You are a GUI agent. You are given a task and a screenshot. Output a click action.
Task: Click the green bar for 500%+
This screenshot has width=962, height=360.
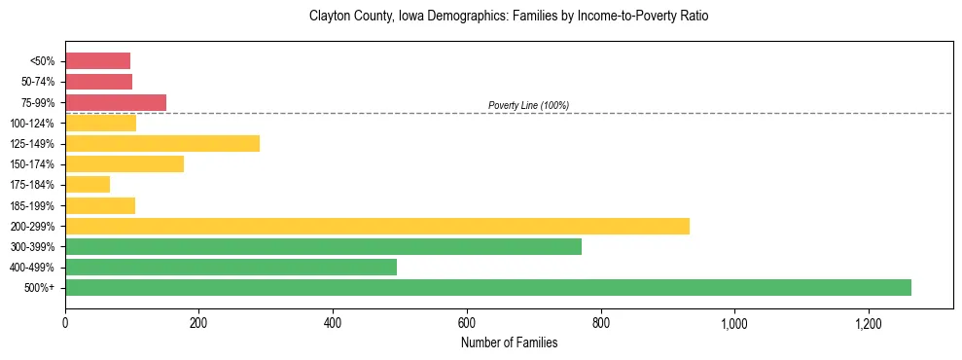[x=487, y=287]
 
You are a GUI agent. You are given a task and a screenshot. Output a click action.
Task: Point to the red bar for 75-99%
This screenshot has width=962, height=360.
[x=116, y=102]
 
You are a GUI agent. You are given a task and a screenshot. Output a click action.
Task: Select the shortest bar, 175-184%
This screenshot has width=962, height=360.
[x=88, y=184]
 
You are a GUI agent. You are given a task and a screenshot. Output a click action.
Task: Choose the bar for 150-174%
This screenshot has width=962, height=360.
[x=125, y=163]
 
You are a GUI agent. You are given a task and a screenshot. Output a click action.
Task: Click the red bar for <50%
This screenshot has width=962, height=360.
[x=97, y=61]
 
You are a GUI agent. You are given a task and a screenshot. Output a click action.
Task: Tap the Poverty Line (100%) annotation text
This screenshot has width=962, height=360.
[x=528, y=105]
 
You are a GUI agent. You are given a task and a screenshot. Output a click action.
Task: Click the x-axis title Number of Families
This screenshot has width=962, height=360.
[x=509, y=342]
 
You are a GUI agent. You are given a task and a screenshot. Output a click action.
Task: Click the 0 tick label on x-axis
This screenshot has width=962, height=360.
[x=65, y=323]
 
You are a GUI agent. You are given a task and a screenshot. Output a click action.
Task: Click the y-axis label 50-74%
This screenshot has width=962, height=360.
[x=38, y=82]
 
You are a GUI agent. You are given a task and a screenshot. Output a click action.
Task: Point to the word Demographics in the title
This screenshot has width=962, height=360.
[x=470, y=17]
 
